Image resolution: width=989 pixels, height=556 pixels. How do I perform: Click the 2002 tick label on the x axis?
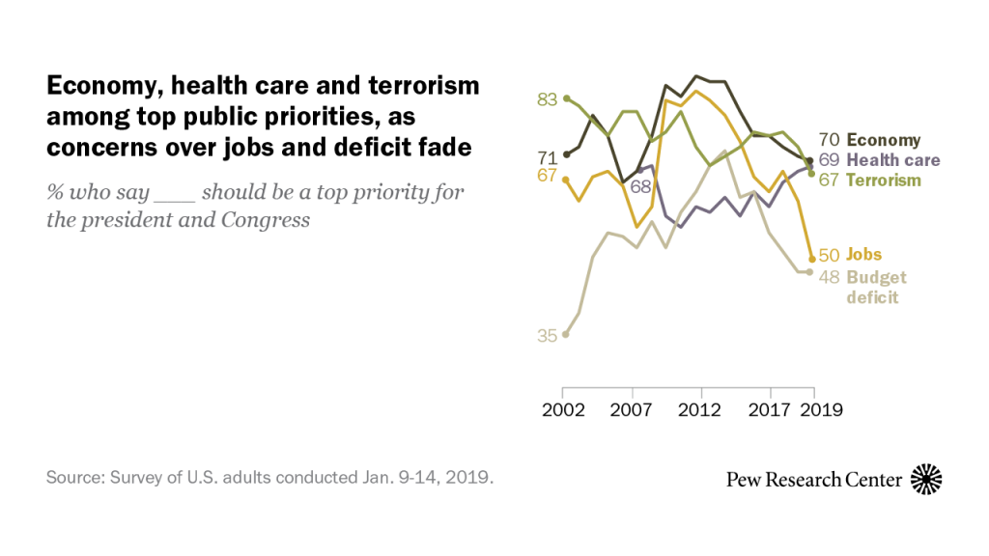[565, 409]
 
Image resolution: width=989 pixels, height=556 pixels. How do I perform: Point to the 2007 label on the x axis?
[633, 409]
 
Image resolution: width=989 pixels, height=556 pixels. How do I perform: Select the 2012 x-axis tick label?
[701, 409]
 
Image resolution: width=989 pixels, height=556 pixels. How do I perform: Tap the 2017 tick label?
[769, 409]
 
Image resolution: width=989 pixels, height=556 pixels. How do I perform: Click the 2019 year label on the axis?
[823, 409]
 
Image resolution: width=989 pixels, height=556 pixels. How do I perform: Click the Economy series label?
[884, 140]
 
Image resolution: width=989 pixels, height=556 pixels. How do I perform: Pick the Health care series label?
[892, 160]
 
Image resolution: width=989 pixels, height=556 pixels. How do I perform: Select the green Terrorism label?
[884, 180]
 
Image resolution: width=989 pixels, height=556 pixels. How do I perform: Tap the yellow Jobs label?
[864, 255]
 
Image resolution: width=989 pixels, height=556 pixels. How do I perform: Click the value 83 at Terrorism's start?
[548, 98]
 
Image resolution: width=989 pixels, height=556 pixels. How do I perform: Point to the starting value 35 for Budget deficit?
[548, 336]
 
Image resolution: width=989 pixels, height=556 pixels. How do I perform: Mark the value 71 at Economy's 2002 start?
[548, 157]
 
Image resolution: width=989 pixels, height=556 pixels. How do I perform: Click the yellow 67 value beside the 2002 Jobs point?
[548, 176]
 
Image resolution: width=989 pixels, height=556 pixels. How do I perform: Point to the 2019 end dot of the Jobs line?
[811, 259]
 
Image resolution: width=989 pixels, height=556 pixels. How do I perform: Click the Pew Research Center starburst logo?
[927, 479]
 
